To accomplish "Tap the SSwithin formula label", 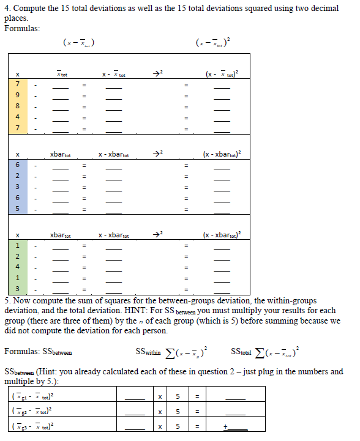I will (146, 352).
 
